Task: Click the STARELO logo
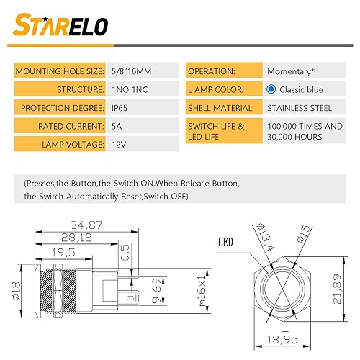point(61,26)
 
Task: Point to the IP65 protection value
point(119,109)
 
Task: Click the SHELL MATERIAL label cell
point(222,109)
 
